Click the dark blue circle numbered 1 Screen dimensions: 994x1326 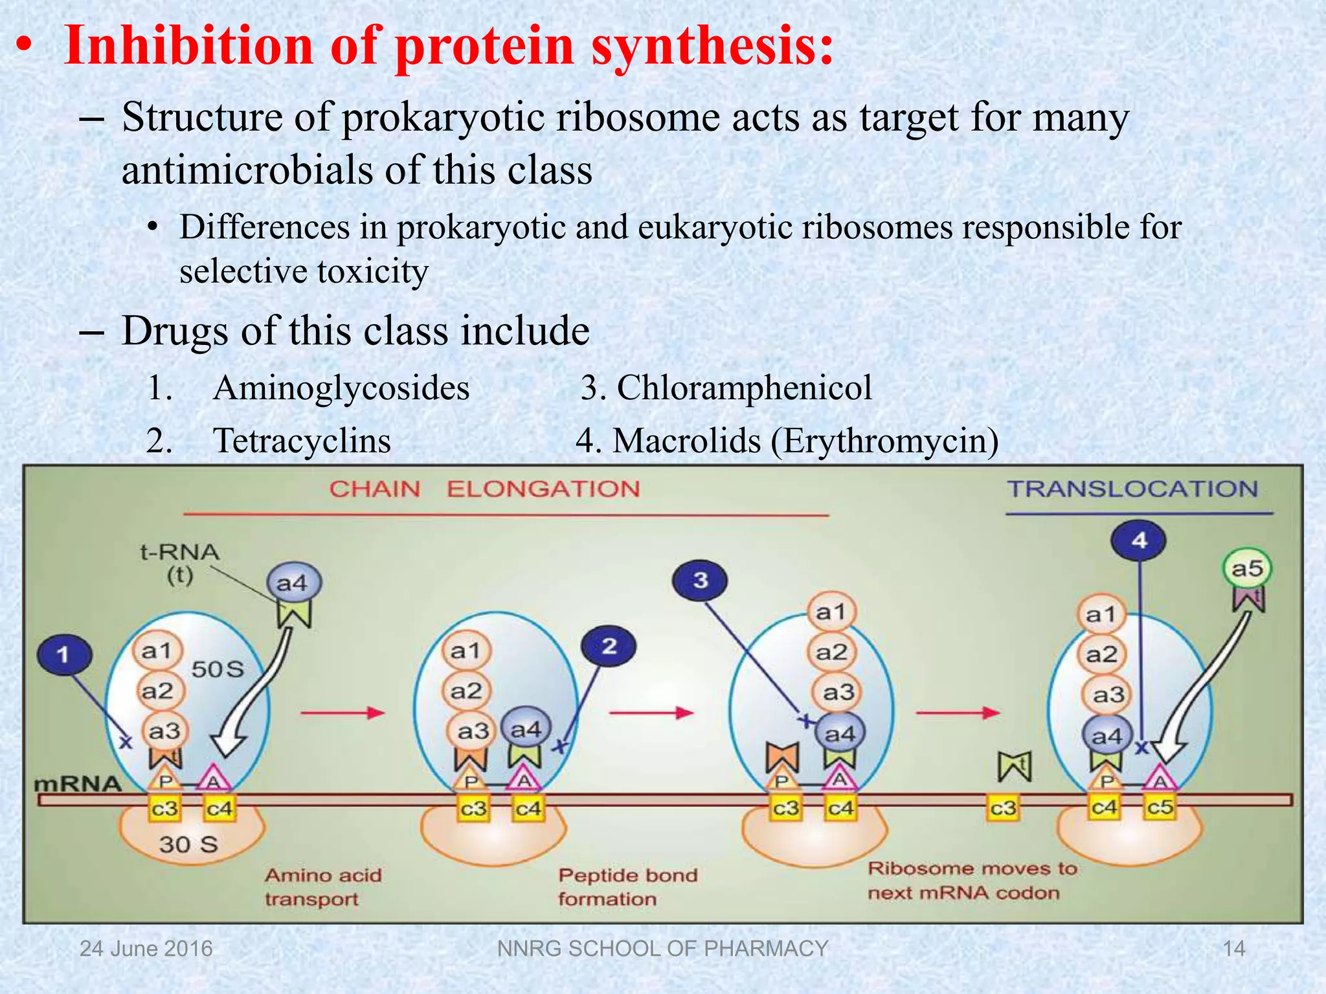coord(64,654)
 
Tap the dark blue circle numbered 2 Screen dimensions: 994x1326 coord(609,646)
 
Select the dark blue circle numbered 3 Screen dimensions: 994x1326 coord(700,580)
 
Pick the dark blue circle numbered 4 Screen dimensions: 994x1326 coord(1138,540)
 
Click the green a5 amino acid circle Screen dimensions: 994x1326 coord(1247,569)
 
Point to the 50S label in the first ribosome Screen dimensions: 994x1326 coord(218,669)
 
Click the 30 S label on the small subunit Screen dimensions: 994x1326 coord(188,844)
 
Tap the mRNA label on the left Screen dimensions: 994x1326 coord(78,784)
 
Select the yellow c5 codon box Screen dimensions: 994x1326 coord(1160,808)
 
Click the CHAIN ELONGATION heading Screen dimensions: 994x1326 coord(484,489)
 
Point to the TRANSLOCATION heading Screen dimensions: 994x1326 coord(1132,489)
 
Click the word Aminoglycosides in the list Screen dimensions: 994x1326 coord(341,388)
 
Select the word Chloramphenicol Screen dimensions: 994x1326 coord(744,388)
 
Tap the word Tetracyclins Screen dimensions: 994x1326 coord(302,441)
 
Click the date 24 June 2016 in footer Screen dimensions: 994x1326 coord(146,949)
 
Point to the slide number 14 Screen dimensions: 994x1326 coord(1233,949)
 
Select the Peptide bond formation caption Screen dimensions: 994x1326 coord(627,887)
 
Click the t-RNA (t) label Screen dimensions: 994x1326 coord(179,563)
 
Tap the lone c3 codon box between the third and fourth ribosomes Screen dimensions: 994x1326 coord(1003,808)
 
